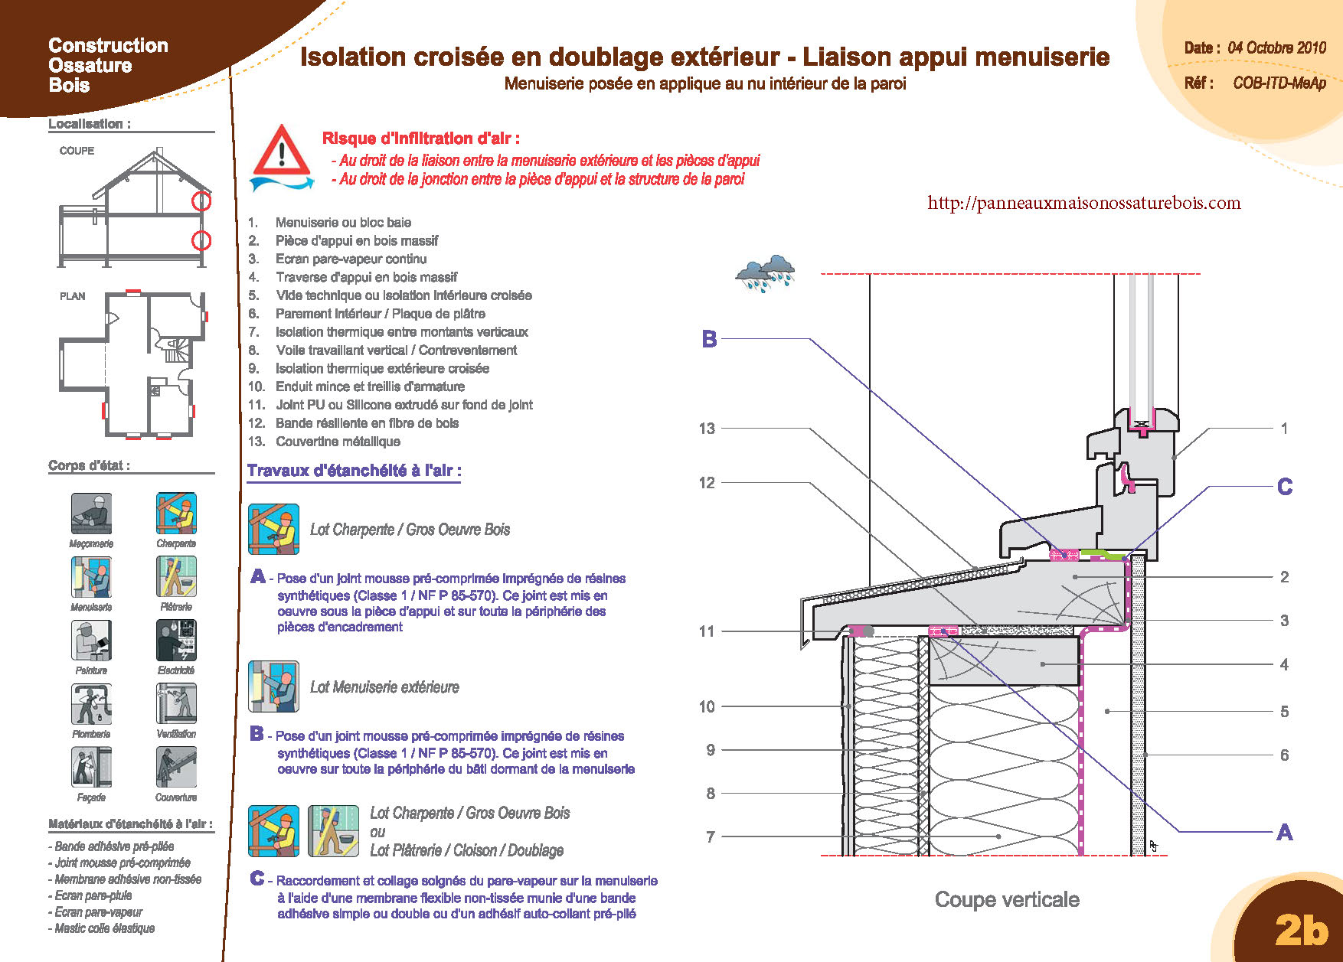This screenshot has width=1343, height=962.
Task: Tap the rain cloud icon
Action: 765,273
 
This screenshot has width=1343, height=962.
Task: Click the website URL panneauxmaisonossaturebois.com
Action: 1083,203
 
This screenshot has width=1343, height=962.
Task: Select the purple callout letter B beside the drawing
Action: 709,339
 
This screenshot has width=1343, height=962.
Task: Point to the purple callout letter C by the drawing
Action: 1284,487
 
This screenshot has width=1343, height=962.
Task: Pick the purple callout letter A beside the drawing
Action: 1284,832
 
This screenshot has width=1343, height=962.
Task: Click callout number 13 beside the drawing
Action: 707,429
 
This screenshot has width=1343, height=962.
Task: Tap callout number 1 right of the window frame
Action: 1284,429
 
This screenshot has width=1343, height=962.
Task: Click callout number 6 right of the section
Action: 1284,755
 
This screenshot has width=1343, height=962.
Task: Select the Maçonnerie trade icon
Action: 91,514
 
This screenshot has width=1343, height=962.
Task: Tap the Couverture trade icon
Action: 176,767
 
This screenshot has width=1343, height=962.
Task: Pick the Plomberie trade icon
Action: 91,703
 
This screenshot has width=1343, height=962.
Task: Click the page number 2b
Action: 1301,929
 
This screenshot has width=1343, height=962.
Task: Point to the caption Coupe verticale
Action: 1007,899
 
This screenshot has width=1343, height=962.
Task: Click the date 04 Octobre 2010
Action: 1276,47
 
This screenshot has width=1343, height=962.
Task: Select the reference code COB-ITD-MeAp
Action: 1279,83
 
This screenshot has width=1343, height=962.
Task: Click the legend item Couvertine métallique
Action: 338,442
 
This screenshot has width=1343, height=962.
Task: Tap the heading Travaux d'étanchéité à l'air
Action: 354,471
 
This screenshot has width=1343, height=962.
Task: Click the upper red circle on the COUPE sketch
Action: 201,201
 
